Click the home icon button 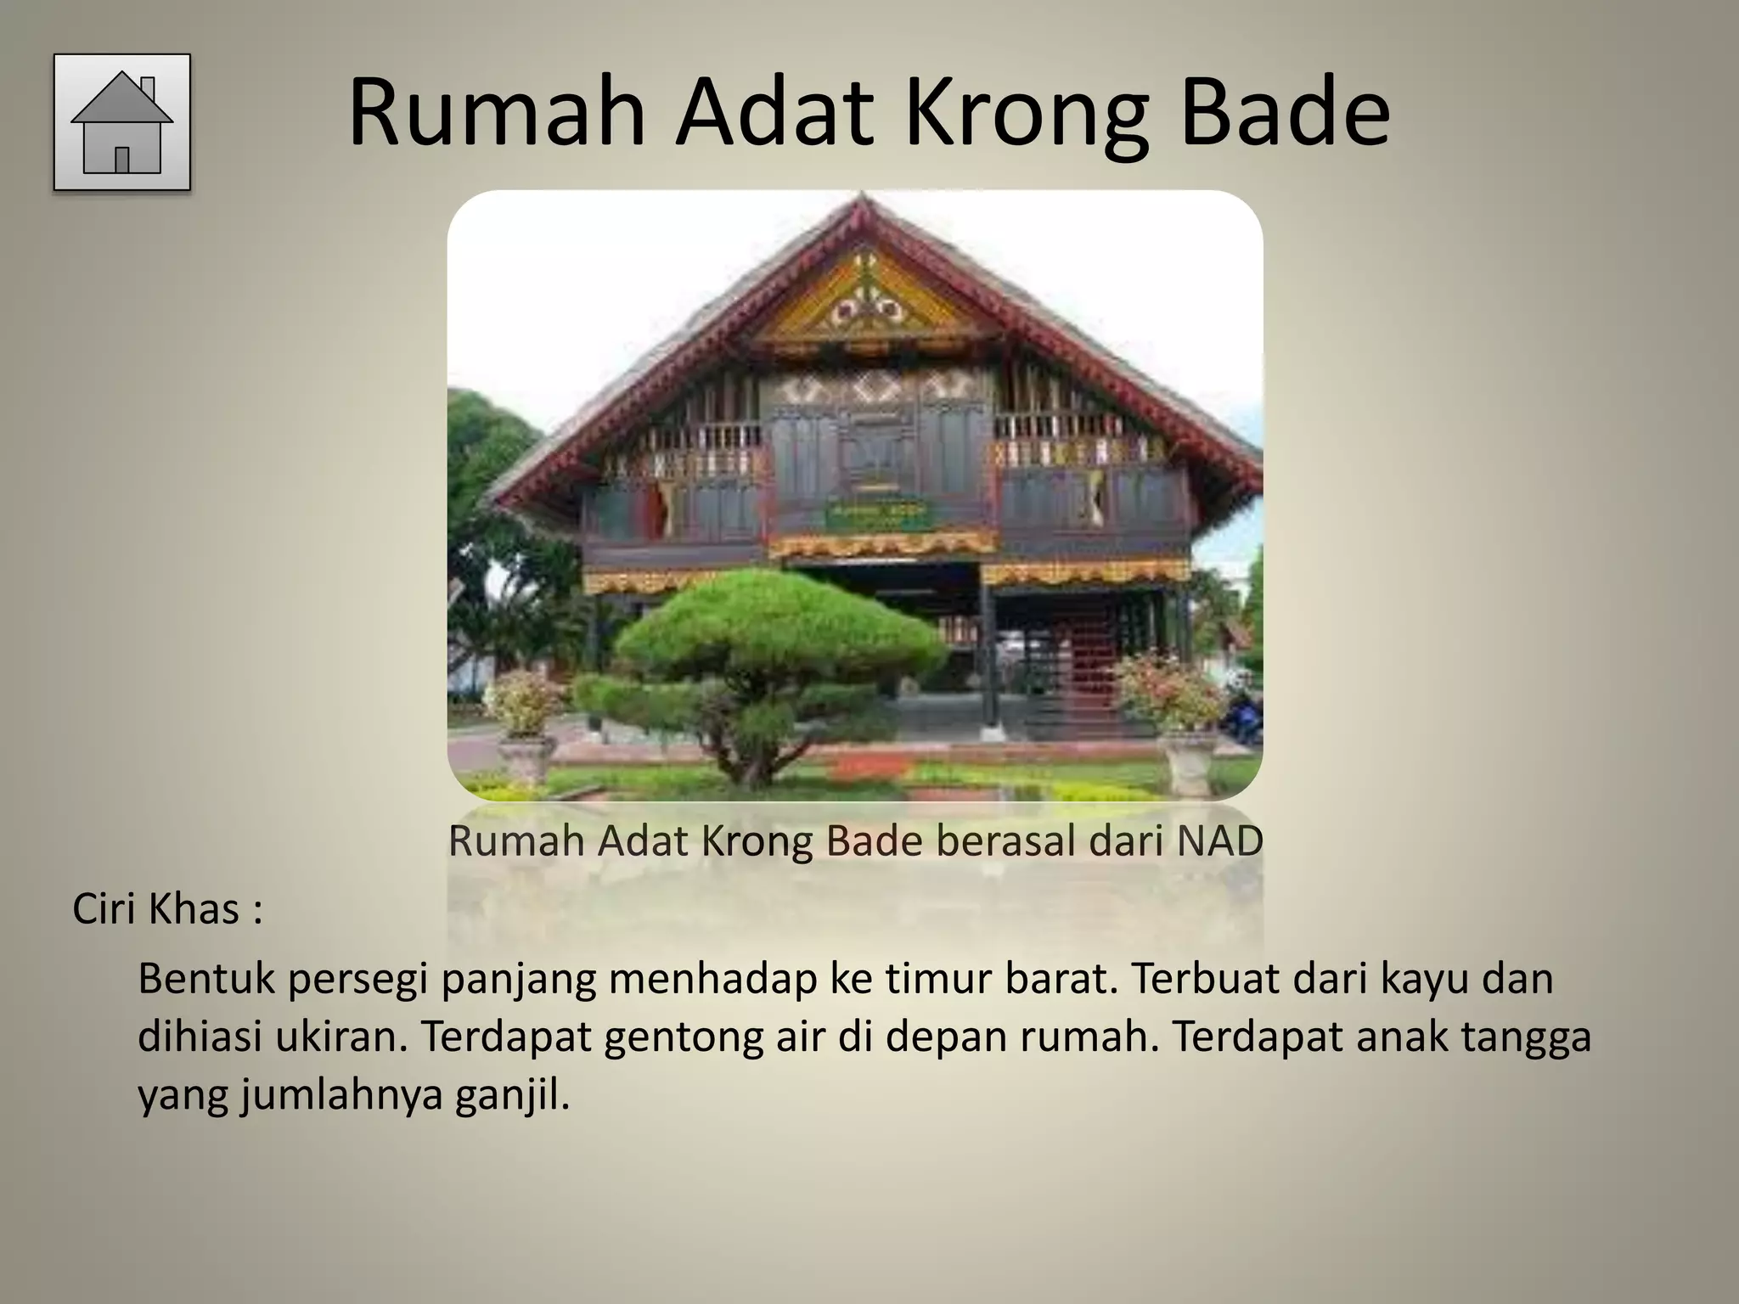click(x=122, y=122)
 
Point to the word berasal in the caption click(x=1004, y=841)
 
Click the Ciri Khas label click(x=167, y=909)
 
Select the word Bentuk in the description click(x=206, y=978)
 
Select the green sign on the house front click(x=879, y=513)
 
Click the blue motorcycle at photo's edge click(x=1242, y=718)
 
